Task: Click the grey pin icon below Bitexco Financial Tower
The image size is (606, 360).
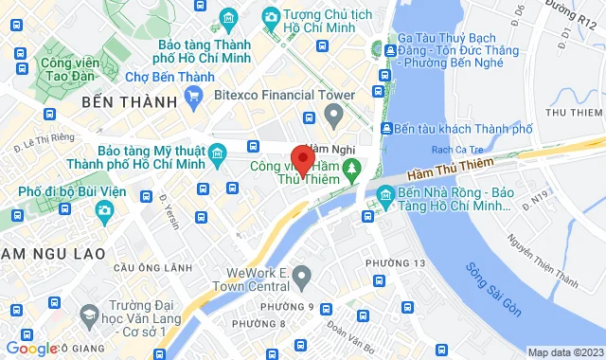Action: tap(332, 116)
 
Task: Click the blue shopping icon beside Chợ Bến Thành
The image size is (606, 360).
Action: tap(195, 95)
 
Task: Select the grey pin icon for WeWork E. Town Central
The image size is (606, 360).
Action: tap(302, 276)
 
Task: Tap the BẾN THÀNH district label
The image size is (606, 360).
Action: tap(131, 101)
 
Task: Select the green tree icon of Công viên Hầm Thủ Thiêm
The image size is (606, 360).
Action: tap(352, 169)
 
